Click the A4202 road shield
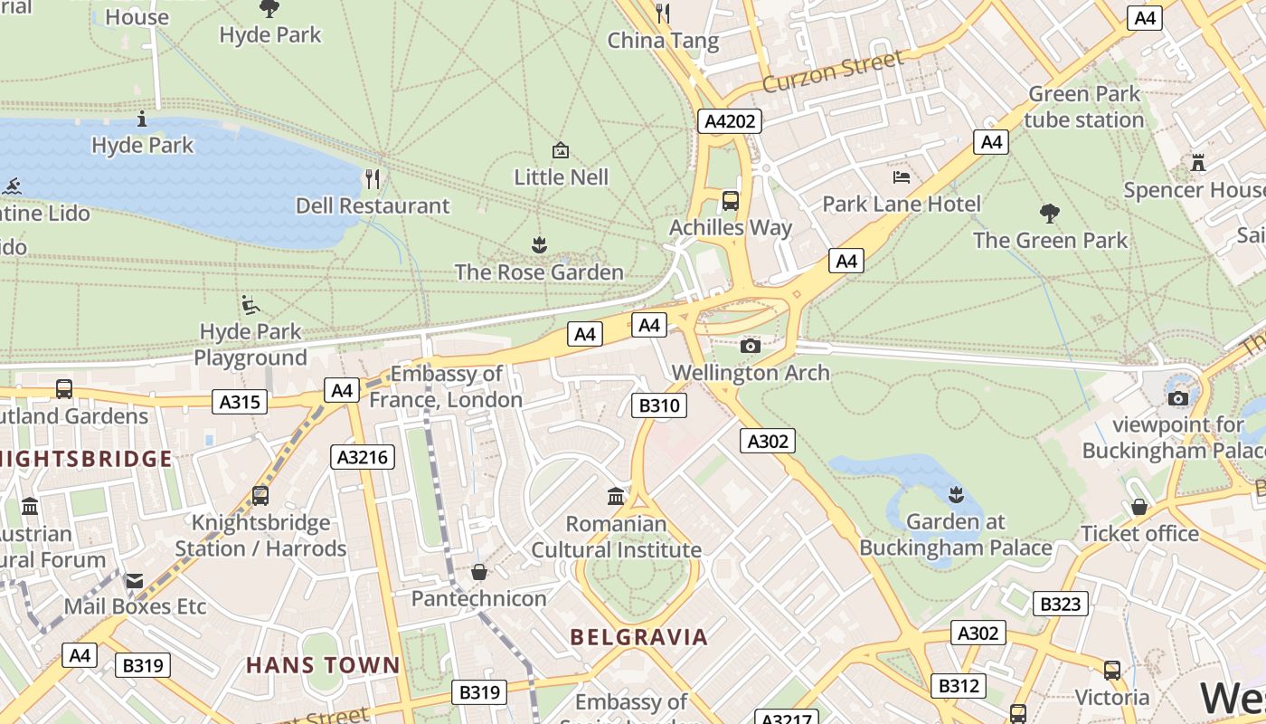pos(730,121)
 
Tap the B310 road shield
pos(662,405)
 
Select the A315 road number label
pos(240,402)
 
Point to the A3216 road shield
pos(363,457)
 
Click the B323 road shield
pos(1060,604)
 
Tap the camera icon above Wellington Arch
pos(750,345)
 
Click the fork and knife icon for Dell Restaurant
pos(373,178)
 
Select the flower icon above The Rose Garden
pos(539,244)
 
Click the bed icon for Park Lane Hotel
pos(902,176)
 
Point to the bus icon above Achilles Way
pos(731,200)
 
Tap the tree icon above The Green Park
pos(1050,214)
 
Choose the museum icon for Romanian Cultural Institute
pos(616,496)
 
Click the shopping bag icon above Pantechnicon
pos(479,572)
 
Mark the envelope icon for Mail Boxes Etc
pos(135,580)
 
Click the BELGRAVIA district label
pos(638,637)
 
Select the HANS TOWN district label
pos(323,665)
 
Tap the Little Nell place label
pos(561,177)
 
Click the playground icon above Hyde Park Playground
pos(250,305)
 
